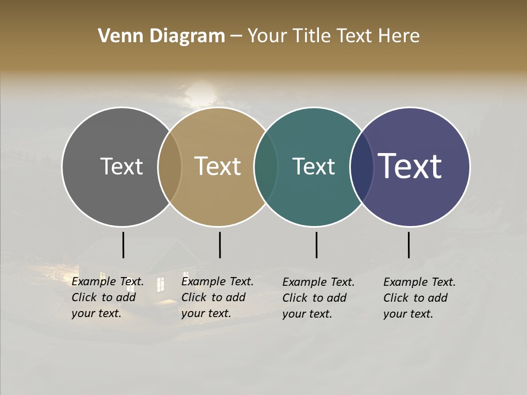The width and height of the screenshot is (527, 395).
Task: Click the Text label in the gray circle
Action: tap(121, 166)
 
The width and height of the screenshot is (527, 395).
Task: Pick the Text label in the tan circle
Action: tap(218, 166)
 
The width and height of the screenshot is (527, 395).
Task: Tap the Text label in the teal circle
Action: tap(313, 166)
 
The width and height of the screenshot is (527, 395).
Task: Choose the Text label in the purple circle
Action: tap(410, 166)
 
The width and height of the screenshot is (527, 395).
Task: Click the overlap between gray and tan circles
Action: tap(170, 167)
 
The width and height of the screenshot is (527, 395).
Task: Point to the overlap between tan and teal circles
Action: tap(266, 167)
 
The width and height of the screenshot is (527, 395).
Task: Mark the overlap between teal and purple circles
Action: tap(362, 167)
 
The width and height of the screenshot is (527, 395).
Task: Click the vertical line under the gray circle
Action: tap(123, 245)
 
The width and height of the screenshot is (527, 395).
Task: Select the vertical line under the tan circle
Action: tap(220, 245)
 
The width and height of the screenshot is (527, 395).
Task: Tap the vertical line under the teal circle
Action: tap(316, 245)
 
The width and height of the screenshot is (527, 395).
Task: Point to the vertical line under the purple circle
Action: tap(408, 245)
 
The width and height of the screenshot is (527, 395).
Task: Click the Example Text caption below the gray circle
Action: tap(108, 297)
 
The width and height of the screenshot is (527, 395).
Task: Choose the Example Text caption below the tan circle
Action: tap(217, 297)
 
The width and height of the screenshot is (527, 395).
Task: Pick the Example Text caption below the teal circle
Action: tap(318, 298)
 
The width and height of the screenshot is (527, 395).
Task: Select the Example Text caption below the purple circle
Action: tap(419, 298)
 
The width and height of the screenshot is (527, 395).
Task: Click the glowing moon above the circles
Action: tap(200, 93)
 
